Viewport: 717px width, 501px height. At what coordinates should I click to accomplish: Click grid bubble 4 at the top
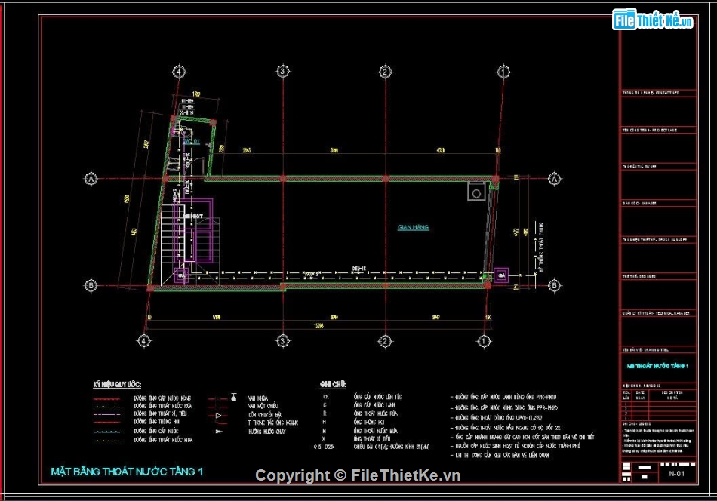(179, 71)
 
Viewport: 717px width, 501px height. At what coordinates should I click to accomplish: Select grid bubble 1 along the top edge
(501, 71)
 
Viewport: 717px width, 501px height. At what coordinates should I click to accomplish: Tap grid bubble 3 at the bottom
(282, 340)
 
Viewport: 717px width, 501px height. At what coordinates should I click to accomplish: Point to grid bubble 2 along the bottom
(384, 340)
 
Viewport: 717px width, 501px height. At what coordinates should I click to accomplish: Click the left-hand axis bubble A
(91, 179)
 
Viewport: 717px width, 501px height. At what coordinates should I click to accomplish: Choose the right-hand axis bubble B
(554, 285)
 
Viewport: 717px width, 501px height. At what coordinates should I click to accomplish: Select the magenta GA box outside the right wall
(501, 276)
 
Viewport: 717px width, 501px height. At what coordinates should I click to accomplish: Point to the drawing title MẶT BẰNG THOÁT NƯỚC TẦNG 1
(127, 472)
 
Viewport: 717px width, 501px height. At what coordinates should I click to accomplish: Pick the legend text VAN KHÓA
(258, 397)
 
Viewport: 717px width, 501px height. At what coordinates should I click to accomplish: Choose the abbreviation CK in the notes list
(326, 396)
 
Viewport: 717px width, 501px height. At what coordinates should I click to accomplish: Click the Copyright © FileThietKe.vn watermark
(358, 475)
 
